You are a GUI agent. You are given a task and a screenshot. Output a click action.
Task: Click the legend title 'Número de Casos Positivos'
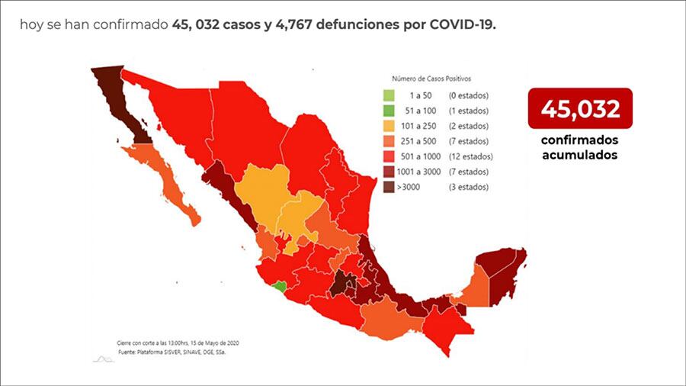(431, 79)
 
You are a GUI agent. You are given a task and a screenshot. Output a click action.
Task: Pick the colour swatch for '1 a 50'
(389, 95)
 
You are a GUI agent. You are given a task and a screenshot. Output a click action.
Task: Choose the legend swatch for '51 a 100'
(389, 111)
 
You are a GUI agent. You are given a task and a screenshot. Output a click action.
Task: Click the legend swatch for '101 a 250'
(389, 126)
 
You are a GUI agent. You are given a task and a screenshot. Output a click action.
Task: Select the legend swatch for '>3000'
(389, 187)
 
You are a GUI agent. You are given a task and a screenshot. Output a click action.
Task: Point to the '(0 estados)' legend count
(468, 95)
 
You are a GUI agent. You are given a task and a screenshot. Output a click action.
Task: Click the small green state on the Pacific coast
(281, 288)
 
